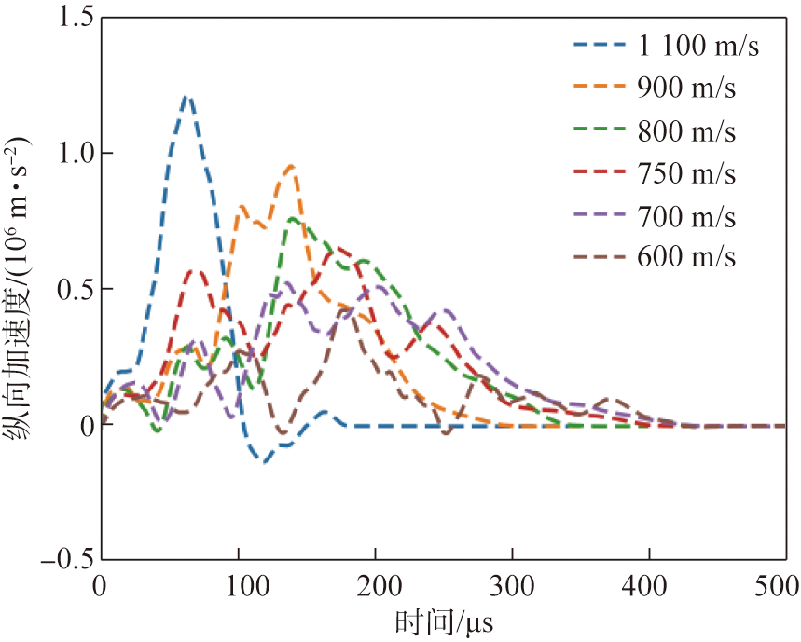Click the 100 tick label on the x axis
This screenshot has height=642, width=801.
click(238, 586)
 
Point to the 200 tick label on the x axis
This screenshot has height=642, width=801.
click(375, 586)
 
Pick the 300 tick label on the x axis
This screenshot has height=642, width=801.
click(511, 586)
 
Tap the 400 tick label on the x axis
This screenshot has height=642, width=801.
click(648, 586)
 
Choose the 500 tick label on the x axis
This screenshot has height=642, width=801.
click(779, 586)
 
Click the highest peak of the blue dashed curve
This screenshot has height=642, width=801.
click(186, 96)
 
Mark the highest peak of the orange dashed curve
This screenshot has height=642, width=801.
click(293, 166)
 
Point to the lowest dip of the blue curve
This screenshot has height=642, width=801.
click(265, 460)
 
